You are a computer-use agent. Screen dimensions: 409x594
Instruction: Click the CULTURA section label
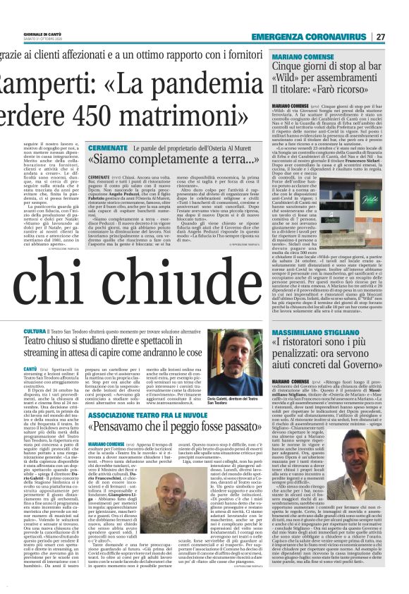(56, 331)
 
